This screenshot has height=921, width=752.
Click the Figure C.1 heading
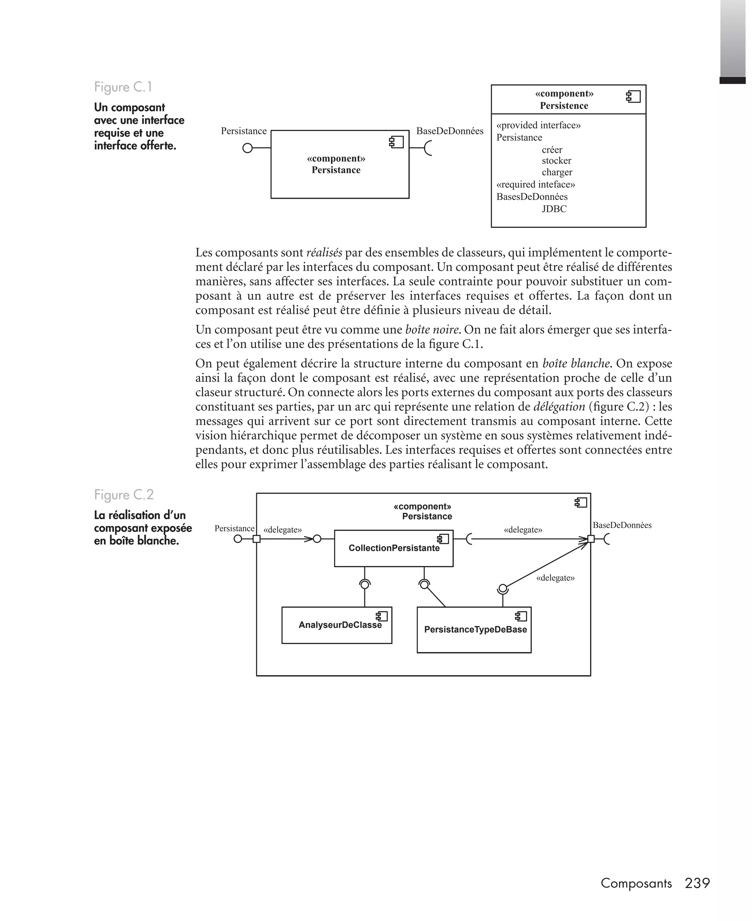click(123, 87)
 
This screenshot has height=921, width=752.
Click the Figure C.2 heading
click(123, 495)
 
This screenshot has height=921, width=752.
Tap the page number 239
click(697, 883)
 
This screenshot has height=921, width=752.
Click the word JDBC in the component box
click(554, 209)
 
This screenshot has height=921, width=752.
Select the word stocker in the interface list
click(556, 161)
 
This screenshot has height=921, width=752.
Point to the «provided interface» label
click(538, 125)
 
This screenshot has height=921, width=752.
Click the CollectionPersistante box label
click(394, 548)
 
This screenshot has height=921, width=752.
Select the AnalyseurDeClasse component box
click(337, 625)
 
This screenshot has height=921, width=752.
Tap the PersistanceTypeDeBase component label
click(475, 630)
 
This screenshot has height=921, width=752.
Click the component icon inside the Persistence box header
click(633, 97)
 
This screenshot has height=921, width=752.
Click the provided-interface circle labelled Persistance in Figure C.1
click(247, 149)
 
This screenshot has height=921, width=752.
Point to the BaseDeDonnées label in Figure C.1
click(450, 131)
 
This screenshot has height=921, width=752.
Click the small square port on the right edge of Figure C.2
click(590, 539)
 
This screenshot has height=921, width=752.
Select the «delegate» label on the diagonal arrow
click(555, 578)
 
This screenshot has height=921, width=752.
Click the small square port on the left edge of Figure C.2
click(256, 539)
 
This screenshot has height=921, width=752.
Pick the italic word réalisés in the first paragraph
click(323, 253)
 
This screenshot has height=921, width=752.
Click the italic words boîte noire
click(431, 330)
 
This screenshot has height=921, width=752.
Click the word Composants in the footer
click(636, 883)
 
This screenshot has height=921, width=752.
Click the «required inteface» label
click(535, 185)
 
